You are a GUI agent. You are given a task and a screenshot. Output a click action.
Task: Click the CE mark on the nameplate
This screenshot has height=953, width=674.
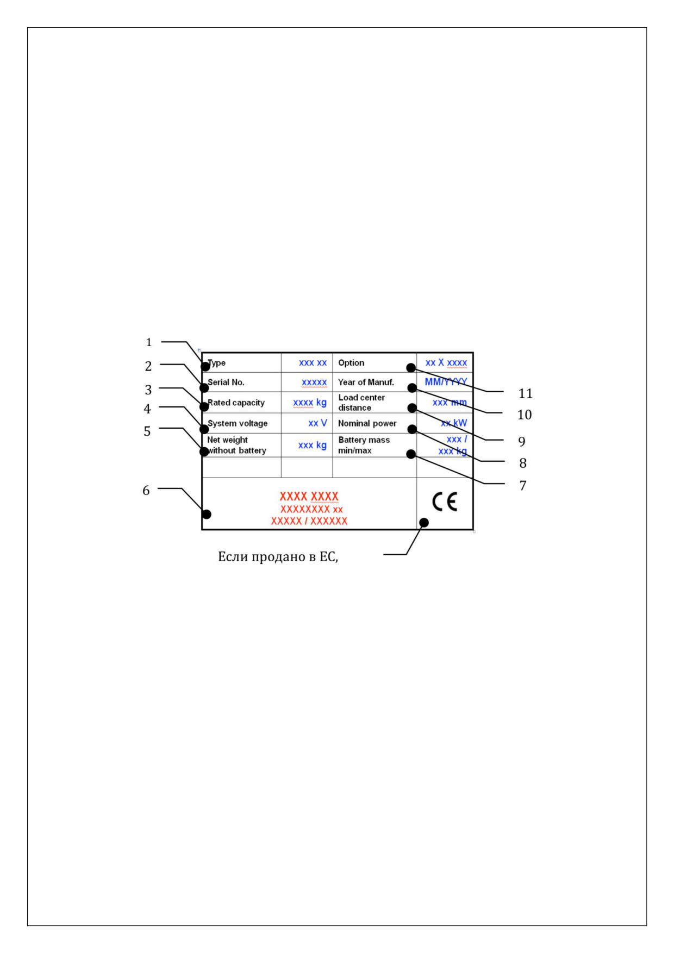[445, 503]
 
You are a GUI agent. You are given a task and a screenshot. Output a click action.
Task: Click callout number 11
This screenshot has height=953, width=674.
[525, 393]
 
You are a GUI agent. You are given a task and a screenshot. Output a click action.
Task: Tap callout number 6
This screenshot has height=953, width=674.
[146, 491]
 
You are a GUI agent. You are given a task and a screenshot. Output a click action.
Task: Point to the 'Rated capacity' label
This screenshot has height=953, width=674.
[236, 403]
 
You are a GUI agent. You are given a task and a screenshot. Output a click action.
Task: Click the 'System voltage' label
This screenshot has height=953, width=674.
[238, 423]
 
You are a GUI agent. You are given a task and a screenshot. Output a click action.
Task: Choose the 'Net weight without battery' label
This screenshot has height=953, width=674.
[236, 445]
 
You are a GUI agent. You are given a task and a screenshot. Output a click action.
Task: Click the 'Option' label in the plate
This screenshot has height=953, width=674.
[351, 363]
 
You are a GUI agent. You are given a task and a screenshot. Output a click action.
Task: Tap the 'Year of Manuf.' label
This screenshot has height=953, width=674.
[366, 383]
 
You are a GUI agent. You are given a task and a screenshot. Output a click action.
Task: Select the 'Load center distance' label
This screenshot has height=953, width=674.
[361, 403]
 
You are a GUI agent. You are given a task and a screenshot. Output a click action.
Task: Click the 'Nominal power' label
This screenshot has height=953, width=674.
[367, 423]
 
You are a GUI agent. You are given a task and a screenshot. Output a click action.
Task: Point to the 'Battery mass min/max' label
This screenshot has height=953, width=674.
[364, 445]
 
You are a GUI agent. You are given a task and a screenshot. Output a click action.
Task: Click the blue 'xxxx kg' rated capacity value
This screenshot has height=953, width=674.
[310, 403]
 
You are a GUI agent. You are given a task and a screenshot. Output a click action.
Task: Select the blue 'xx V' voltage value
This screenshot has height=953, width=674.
[318, 423]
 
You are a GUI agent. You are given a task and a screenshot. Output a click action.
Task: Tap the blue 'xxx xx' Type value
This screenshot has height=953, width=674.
[313, 363]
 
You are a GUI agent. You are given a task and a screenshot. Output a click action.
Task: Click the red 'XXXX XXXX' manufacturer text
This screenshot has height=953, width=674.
[309, 496]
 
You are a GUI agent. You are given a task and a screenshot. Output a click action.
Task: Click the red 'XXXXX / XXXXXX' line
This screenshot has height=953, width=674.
[309, 521]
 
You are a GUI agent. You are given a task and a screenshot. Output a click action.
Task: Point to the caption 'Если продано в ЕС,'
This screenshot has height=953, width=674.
[278, 557]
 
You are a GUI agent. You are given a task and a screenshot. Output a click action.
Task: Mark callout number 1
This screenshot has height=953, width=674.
[149, 342]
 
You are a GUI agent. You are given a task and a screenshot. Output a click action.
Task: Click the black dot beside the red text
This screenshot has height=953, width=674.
[207, 514]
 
